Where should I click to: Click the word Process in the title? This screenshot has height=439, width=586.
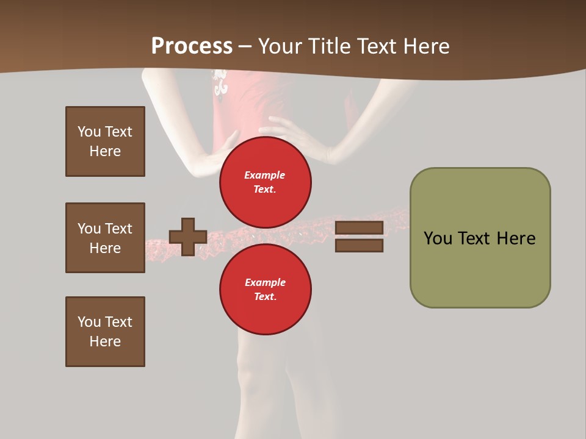click(x=192, y=46)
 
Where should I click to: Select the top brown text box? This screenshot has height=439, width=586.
click(x=105, y=141)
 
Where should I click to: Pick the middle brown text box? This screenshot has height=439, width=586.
click(x=105, y=238)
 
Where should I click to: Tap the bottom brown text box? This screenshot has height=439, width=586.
click(x=105, y=332)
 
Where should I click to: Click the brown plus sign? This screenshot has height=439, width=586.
click(x=188, y=237)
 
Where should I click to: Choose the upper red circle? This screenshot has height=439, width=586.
click(x=265, y=182)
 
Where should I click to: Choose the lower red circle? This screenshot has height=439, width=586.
click(x=265, y=289)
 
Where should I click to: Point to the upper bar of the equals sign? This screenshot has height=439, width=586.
click(x=359, y=227)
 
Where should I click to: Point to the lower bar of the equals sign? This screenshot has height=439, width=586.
click(x=359, y=245)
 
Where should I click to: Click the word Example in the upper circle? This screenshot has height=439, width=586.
click(x=265, y=175)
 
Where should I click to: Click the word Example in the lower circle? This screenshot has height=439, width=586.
click(x=265, y=282)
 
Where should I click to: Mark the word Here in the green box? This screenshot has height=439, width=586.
click(x=516, y=238)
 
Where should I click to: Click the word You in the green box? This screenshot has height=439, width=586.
click(x=438, y=238)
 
